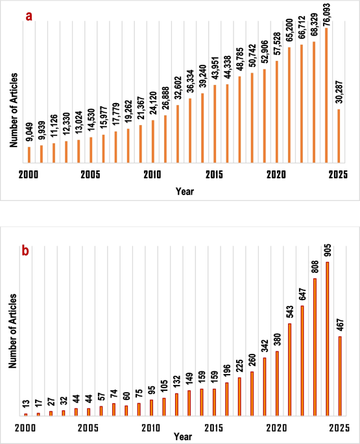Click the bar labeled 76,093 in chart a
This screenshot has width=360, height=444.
[326, 95]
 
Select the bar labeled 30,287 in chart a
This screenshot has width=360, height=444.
[339, 136]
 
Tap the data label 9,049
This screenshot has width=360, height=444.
[29, 132]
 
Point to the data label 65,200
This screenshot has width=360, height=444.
[289, 30]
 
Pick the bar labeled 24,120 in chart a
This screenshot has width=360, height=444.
[153, 141]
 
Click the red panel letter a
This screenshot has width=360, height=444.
[29, 16]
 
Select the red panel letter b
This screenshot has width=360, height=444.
[25, 251]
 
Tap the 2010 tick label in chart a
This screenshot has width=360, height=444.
[152, 175]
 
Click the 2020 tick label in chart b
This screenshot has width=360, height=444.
[276, 428]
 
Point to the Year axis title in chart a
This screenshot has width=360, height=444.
[185, 191]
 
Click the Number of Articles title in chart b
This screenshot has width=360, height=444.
[13, 331]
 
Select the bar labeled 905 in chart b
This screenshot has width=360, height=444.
[328, 338]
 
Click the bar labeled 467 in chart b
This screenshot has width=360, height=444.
[340, 376]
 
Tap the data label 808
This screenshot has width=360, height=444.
[315, 267]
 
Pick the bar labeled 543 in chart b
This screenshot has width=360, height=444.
[290, 369]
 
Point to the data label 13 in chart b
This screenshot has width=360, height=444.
[26, 403]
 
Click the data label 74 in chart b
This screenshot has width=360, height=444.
[114, 393]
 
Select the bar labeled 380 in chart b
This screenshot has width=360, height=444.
[277, 384]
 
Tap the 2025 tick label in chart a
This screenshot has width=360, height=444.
[338, 175]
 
